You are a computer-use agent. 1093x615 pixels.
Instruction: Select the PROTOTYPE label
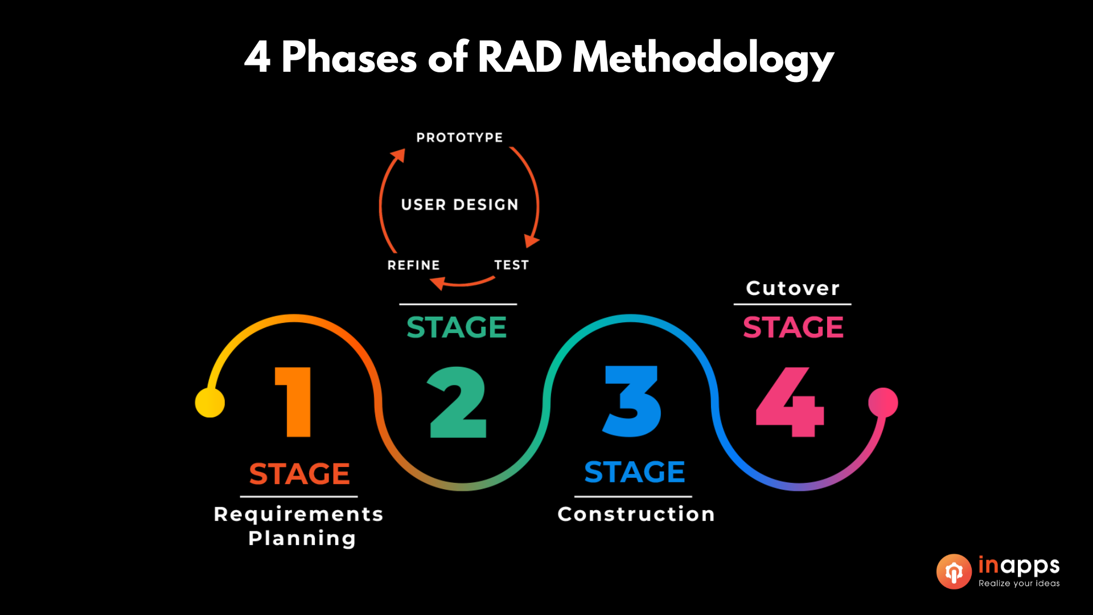459,138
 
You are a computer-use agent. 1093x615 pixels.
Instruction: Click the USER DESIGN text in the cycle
459,205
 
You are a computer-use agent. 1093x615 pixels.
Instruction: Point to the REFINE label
413,265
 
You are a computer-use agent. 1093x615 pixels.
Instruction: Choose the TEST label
511,265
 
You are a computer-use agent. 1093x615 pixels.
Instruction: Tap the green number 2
458,402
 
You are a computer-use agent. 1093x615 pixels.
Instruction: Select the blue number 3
631,402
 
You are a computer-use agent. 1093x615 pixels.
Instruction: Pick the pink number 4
790,402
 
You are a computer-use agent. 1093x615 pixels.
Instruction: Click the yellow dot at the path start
209,403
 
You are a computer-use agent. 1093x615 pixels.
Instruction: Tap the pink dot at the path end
883,403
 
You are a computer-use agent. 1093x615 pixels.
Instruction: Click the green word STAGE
457,327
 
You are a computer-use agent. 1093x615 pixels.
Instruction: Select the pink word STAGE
793,327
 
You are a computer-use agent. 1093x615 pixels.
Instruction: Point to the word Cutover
792,288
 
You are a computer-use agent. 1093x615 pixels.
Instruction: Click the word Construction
636,514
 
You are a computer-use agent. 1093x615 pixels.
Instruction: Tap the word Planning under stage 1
302,538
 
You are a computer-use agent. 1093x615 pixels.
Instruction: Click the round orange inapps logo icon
954,571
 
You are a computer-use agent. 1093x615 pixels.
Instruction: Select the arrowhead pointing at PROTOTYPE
398,155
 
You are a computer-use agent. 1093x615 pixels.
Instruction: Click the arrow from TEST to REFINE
462,282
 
